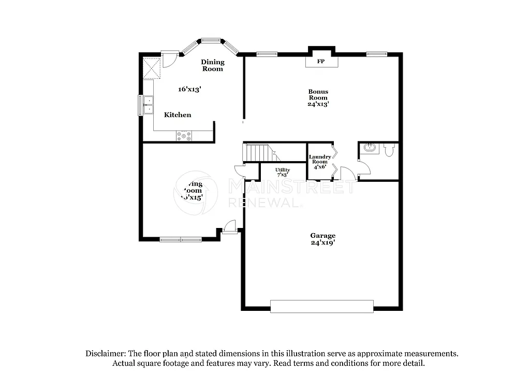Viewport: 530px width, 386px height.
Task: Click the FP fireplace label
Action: (x=320, y=62)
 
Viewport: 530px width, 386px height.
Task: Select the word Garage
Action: (x=323, y=235)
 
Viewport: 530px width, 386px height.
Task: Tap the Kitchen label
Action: (x=178, y=115)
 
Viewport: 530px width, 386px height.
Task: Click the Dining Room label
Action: (x=213, y=65)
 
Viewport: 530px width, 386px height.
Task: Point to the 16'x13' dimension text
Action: (x=189, y=89)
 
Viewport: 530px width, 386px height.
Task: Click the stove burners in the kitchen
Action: (x=184, y=136)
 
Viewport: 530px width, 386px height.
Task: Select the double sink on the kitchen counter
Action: (x=149, y=104)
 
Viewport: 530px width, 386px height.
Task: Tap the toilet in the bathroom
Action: (x=390, y=150)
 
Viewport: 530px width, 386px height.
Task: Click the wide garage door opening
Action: (x=321, y=306)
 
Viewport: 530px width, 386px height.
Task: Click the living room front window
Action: (x=181, y=239)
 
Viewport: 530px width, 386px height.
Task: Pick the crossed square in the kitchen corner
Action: (x=153, y=67)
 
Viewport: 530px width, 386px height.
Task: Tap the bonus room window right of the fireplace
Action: (x=376, y=53)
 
